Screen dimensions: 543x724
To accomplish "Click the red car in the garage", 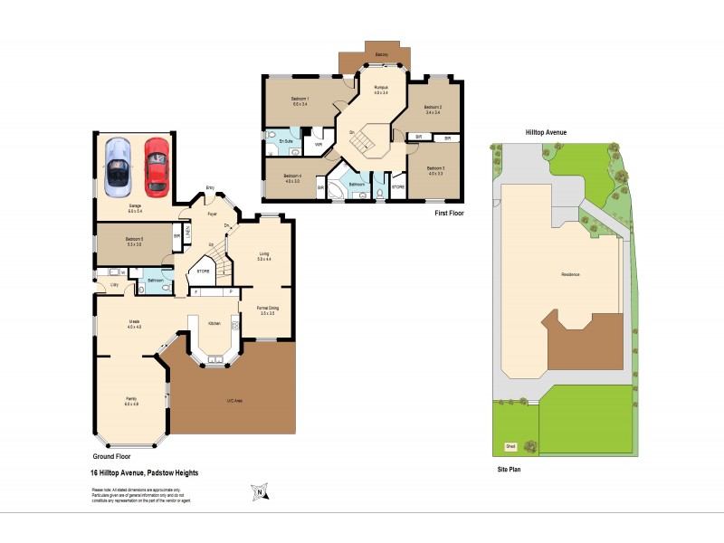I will [157, 166].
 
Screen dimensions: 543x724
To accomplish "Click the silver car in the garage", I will [118, 167].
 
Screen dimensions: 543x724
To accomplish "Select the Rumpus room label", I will [381, 87].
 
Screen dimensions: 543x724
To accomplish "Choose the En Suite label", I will [285, 142].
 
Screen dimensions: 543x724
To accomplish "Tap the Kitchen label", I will [215, 323].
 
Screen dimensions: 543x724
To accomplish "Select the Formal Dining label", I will [267, 309].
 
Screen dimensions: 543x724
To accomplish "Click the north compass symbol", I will [258, 492].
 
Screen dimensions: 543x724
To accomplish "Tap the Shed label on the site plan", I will [510, 446].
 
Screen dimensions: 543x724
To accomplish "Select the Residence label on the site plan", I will [570, 274].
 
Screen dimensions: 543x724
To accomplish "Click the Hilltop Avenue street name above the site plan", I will [546, 132].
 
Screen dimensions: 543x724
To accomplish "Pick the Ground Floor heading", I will [112, 457].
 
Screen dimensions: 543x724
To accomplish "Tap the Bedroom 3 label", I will [435, 167].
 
